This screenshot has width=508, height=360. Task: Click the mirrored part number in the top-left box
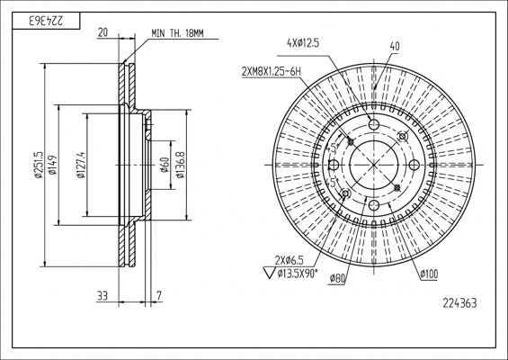point(47,21)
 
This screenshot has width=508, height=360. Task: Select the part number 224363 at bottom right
point(459,303)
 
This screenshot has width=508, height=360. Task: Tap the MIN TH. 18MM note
point(177,33)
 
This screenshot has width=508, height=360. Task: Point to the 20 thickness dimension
point(102,32)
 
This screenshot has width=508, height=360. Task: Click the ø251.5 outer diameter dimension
point(40,165)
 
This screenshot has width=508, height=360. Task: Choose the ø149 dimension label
point(53,165)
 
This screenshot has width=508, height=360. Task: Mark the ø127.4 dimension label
point(81,165)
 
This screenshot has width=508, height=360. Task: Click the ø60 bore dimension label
point(165,165)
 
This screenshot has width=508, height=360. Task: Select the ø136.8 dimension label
point(180,165)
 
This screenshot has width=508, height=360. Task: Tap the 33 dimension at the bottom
point(102,296)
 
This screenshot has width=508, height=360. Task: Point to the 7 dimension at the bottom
point(159,296)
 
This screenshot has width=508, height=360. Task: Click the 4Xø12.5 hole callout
point(303,43)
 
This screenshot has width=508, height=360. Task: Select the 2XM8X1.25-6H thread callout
point(272,71)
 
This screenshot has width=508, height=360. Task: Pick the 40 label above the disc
point(395,47)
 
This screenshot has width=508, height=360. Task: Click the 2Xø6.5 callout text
point(289,260)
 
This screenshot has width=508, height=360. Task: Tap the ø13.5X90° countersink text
point(298,274)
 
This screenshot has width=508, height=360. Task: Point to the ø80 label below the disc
point(337,278)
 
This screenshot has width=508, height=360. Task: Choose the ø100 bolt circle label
point(429,274)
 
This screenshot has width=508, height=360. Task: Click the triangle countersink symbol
point(269,273)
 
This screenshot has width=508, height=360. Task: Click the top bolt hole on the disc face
point(374,124)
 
